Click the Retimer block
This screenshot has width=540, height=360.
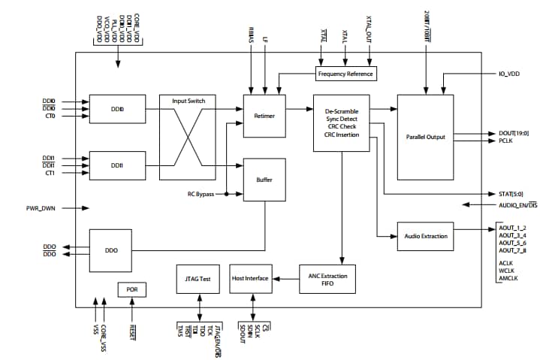[x=265, y=116]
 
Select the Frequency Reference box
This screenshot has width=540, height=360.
[x=345, y=74]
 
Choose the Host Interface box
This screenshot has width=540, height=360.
[x=250, y=279]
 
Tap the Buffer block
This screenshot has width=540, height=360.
[x=265, y=180]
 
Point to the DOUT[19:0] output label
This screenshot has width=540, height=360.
[x=513, y=133]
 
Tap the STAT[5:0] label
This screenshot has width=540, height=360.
[x=511, y=193]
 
